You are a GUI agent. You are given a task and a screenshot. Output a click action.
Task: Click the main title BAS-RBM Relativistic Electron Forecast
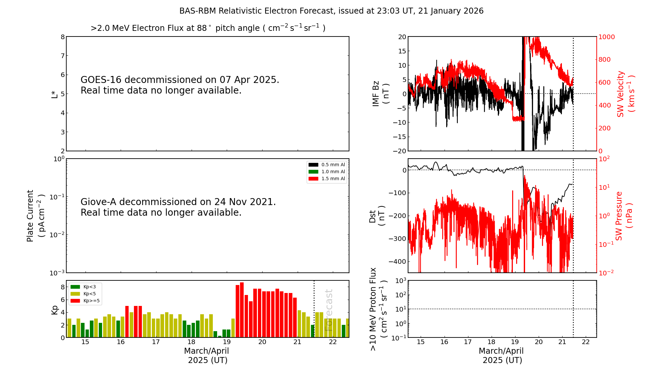coord(331,11)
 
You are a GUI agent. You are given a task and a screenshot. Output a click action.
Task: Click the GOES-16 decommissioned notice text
coord(180,85)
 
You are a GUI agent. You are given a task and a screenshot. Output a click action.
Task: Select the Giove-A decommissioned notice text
coord(178,207)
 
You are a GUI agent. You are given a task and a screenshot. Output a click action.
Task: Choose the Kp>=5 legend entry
coord(85,301)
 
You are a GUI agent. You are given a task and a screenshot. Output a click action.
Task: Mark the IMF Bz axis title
coord(381,94)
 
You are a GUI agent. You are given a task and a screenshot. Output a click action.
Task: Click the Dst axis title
coord(377,216)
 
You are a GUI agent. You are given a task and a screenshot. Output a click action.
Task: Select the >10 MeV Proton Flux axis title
coord(378,309)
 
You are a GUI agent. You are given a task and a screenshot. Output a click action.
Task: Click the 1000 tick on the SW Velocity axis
coord(606,37)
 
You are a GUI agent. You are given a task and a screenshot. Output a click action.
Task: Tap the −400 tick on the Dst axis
coord(397,261)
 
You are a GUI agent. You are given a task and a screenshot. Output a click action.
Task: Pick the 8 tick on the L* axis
coord(63,37)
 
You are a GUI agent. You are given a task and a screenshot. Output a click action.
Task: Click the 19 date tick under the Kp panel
coord(227,342)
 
